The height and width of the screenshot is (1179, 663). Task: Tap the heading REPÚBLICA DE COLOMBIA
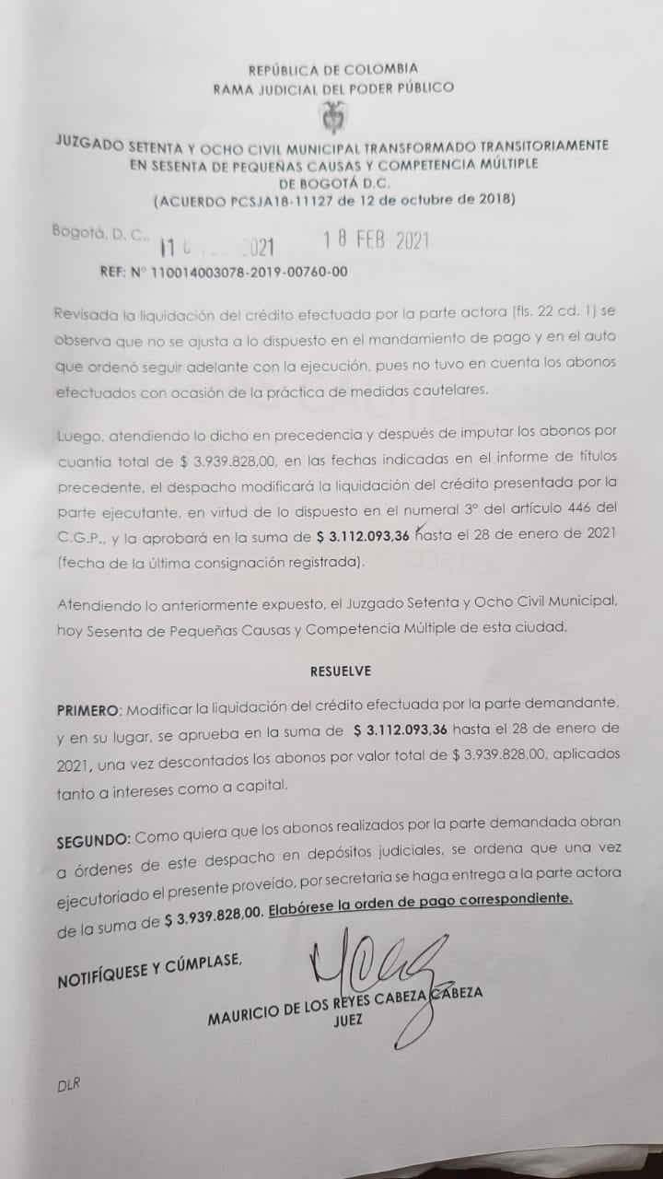tap(333, 69)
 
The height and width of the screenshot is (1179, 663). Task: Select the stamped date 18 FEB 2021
tap(376, 242)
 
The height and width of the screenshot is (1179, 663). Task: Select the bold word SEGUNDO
tap(93, 841)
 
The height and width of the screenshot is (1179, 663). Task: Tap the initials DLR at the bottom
tap(69, 1085)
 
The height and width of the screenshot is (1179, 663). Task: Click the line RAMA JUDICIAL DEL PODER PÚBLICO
tap(333, 88)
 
